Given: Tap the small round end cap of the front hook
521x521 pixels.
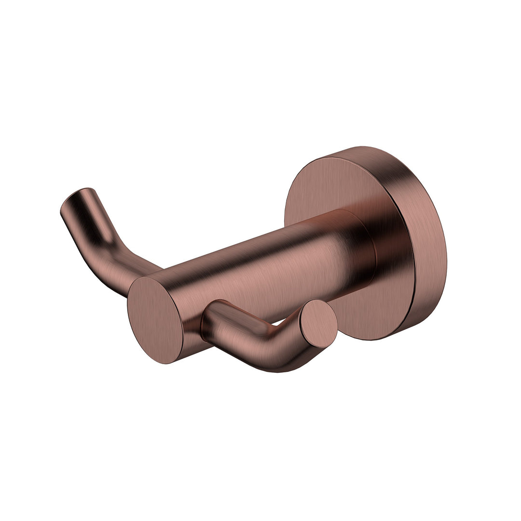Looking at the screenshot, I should point(318,324).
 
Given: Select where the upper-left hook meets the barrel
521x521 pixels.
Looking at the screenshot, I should point(145,270).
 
